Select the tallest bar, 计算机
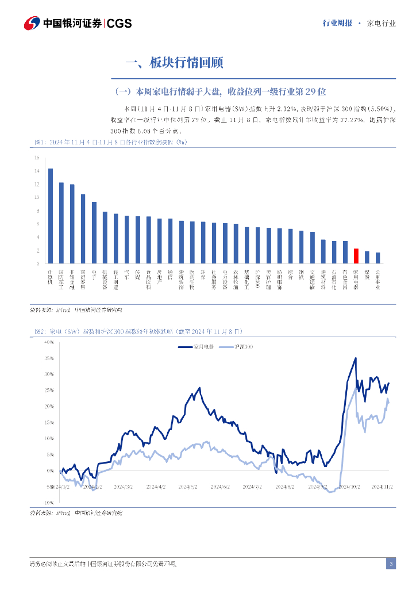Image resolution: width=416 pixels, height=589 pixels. point(51,216)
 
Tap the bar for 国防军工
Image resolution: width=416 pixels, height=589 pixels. point(61,223)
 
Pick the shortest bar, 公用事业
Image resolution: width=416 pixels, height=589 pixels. point(378,258)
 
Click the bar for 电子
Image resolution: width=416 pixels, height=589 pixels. point(94,232)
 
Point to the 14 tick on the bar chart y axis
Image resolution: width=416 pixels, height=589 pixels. point(37,171)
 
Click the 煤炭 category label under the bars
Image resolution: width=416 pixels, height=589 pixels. point(367,277)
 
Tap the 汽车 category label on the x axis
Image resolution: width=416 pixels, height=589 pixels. point(127,274)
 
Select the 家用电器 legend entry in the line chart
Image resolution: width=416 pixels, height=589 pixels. point(196,347)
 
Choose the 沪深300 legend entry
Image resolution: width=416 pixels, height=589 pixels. point(237,347)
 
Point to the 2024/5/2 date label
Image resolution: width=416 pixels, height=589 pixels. point(187,487)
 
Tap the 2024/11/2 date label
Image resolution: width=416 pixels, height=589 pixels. point(382,487)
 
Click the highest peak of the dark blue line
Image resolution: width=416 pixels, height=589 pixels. point(356,358)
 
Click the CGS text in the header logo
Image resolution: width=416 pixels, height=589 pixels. point(120,23)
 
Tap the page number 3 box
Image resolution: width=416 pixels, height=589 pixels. point(391,564)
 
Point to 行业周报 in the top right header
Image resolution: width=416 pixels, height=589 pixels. point(336,24)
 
